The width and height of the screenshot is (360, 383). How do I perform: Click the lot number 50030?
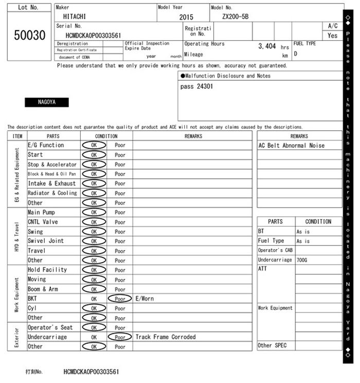tap(29, 35)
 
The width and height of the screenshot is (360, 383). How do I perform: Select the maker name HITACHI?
tap(75, 16)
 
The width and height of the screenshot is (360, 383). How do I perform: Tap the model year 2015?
tap(186, 17)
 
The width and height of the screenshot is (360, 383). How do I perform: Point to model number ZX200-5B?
tap(235, 16)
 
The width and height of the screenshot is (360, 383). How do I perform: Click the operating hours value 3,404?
tap(267, 46)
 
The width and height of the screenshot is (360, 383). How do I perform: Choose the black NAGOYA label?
tap(47, 102)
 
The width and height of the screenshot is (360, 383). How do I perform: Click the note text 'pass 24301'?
tap(197, 86)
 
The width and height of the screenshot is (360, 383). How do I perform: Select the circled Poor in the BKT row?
tap(120, 299)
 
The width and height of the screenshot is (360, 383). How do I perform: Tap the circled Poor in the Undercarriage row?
tap(120, 337)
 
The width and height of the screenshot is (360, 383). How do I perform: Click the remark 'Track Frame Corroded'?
tap(166, 337)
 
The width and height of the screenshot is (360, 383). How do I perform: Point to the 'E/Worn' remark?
tap(145, 299)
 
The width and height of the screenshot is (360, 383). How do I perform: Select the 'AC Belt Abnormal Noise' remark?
tap(292, 146)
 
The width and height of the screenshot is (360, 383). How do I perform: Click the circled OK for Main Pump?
tap(94, 212)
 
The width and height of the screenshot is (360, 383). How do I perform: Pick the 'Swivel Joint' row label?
tap(46, 241)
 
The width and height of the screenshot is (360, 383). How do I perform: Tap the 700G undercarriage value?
tap(302, 260)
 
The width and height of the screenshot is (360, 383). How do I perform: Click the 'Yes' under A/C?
tap(332, 36)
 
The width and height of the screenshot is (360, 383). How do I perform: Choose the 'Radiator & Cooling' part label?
tap(52, 193)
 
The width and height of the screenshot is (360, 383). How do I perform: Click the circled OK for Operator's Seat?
tap(94, 327)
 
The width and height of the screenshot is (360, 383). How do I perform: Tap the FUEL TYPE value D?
tap(296, 54)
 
